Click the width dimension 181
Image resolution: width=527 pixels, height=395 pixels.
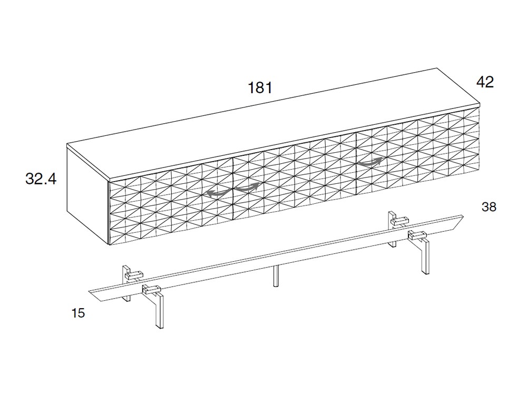[x=260, y=87]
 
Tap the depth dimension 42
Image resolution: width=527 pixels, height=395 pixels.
[x=485, y=82]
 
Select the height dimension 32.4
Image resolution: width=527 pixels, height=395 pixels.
[x=41, y=179]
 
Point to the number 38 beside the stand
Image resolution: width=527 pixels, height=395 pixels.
[x=489, y=207]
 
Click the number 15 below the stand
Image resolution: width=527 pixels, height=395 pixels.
[x=78, y=313]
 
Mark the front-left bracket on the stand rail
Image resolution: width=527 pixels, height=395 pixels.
[x=151, y=289]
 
